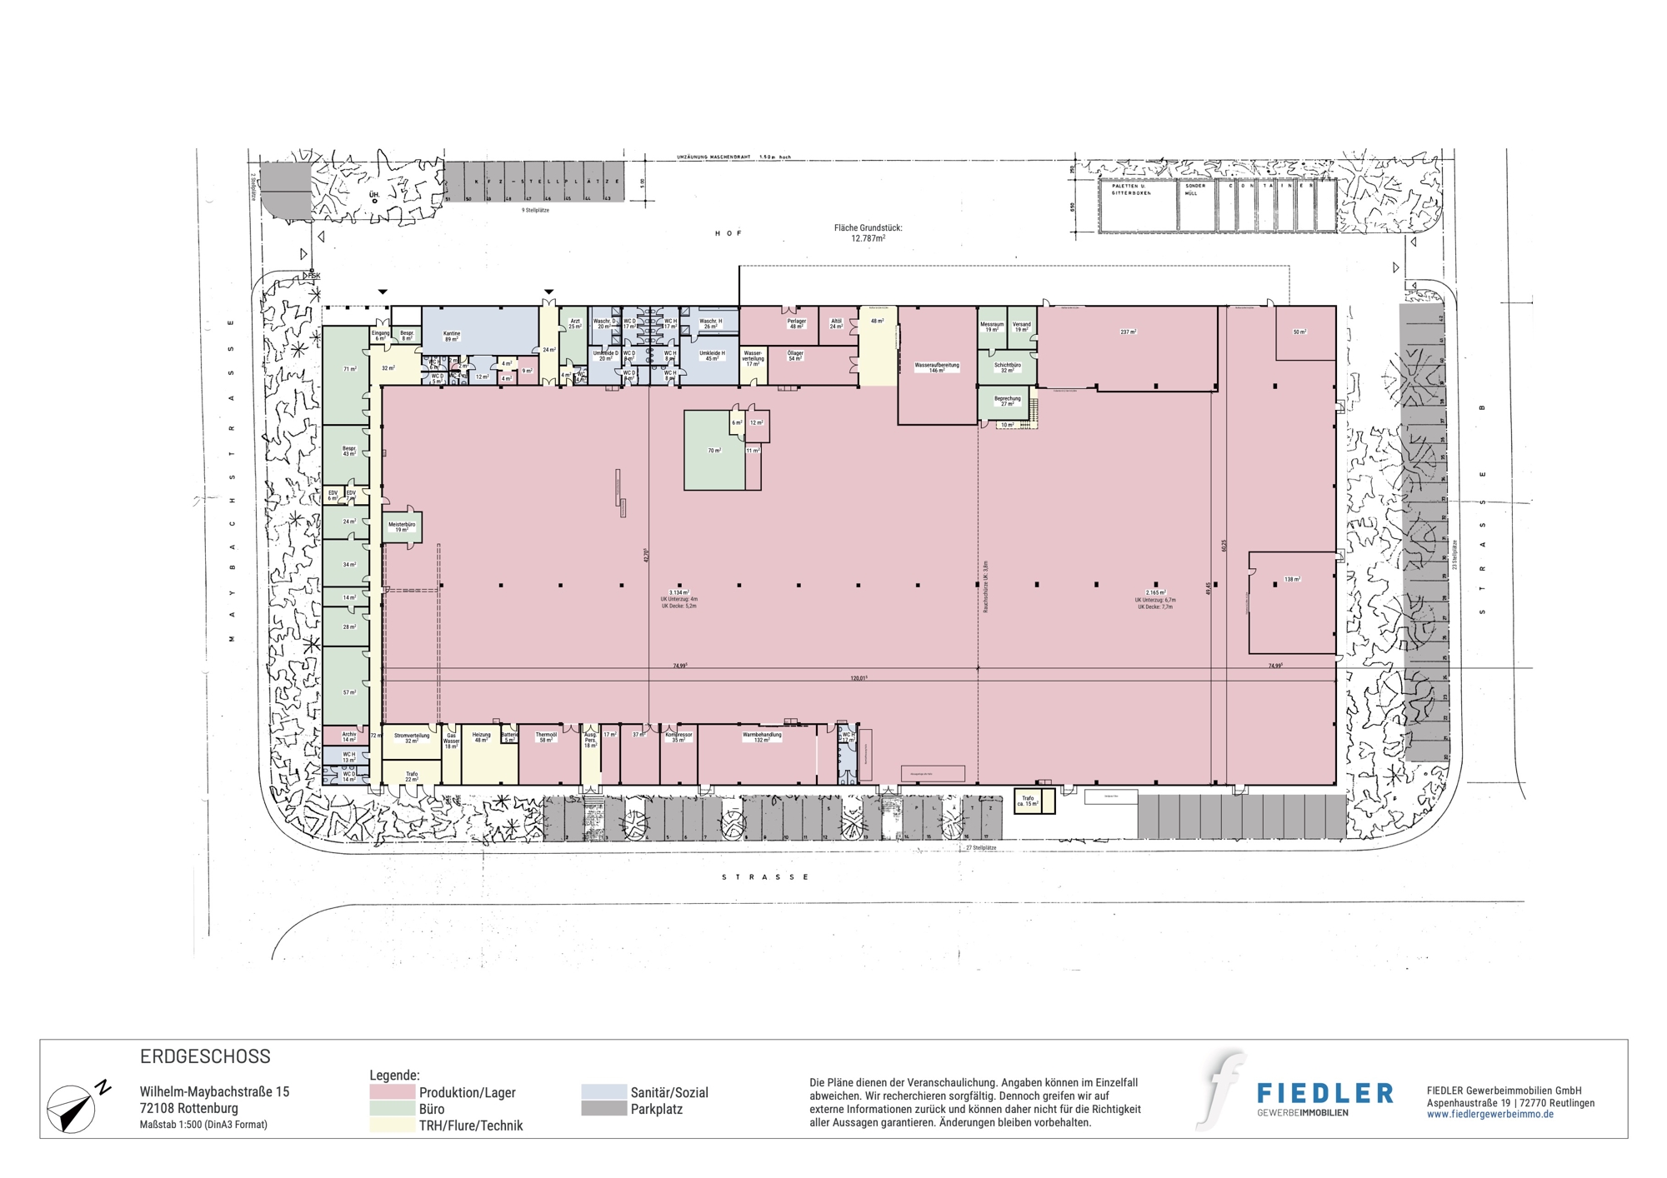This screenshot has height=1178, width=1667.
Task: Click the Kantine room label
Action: (x=452, y=336)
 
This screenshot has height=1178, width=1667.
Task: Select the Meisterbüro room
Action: (x=402, y=527)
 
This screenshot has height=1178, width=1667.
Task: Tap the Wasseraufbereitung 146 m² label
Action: (x=937, y=367)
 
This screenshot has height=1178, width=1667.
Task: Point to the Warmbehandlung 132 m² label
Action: (x=762, y=737)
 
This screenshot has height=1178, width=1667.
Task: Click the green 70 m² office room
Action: (x=714, y=451)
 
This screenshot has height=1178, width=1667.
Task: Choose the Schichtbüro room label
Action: (x=1007, y=367)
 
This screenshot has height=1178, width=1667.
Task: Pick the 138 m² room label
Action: (x=1292, y=579)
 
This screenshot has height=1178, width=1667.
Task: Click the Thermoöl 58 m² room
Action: (x=546, y=737)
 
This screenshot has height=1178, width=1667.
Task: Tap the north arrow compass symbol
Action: (x=73, y=1108)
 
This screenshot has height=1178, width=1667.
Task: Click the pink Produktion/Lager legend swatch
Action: (x=392, y=1092)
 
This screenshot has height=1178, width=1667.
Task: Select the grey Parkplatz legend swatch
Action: (x=603, y=1109)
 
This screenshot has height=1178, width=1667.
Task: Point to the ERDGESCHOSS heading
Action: (x=205, y=1056)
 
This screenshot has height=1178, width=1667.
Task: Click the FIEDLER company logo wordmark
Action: (x=1324, y=1093)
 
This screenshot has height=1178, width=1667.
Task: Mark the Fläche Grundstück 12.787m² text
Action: (x=868, y=232)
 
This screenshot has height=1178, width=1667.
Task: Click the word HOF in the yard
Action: (x=728, y=233)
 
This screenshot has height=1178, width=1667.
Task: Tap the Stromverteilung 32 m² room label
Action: (x=412, y=737)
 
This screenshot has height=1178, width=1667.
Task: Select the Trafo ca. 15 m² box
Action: (x=1029, y=801)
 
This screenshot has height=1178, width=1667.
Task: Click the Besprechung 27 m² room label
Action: (x=1007, y=401)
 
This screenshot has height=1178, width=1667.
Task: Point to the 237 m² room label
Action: (x=1128, y=332)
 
